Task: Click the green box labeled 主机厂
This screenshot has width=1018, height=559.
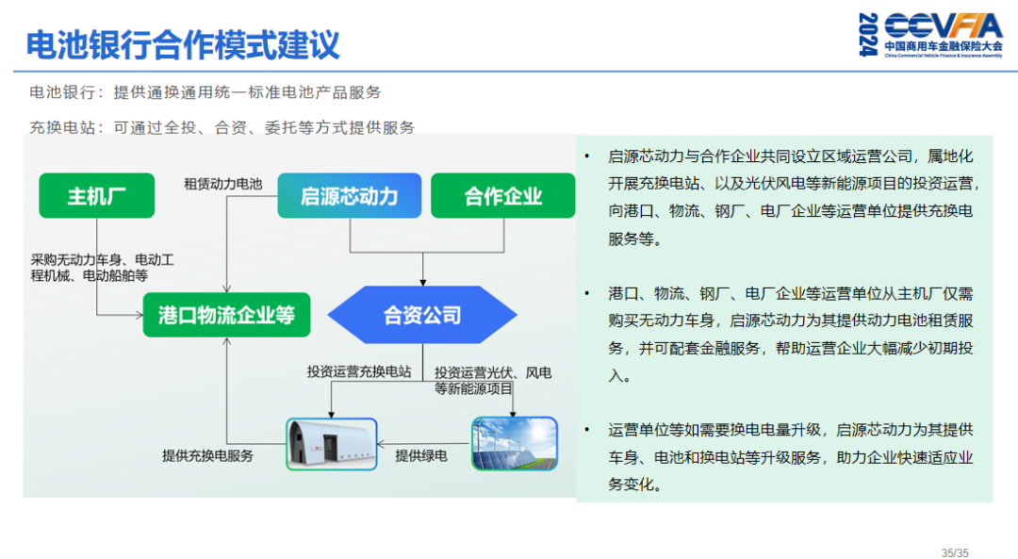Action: [x=96, y=196]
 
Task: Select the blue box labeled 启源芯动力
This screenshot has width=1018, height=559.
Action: [x=349, y=196]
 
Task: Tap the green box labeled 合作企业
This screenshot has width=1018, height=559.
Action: [x=502, y=196]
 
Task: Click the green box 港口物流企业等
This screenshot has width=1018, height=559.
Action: [x=226, y=315]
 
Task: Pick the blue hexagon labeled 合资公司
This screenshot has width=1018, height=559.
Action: [x=422, y=315]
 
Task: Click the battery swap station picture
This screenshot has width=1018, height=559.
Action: [x=331, y=445]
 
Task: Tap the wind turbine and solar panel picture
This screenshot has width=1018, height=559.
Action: [x=514, y=444]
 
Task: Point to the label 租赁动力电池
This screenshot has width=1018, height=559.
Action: [x=222, y=184]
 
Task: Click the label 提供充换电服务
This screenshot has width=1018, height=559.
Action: [x=207, y=456]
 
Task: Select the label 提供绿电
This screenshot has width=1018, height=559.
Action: [x=421, y=456]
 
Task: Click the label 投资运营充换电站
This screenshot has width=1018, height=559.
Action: [x=359, y=371]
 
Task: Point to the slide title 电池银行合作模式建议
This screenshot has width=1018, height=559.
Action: [x=182, y=44]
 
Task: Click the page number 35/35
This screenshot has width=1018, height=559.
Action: [x=955, y=552]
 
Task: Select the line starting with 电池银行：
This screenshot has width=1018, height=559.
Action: [x=205, y=93]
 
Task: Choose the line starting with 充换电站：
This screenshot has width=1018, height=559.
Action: [x=222, y=127]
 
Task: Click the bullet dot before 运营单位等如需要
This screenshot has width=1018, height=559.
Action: [x=587, y=430]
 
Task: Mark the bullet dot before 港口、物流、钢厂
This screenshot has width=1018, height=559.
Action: [x=587, y=293]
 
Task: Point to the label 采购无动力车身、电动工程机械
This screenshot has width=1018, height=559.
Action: [x=102, y=268]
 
